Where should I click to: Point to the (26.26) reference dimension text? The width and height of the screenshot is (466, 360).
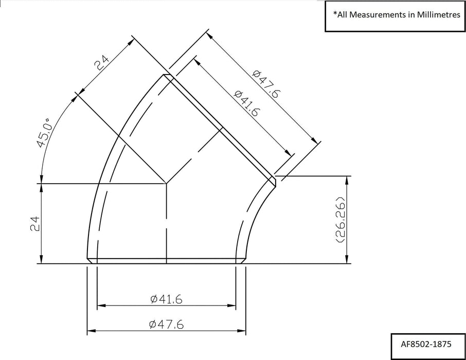pos(340,219)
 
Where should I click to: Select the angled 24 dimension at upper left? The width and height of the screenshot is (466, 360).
pos(102,64)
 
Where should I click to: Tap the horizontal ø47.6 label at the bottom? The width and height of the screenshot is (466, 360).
pos(167,324)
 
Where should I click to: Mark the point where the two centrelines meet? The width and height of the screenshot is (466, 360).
pos(166,183)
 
